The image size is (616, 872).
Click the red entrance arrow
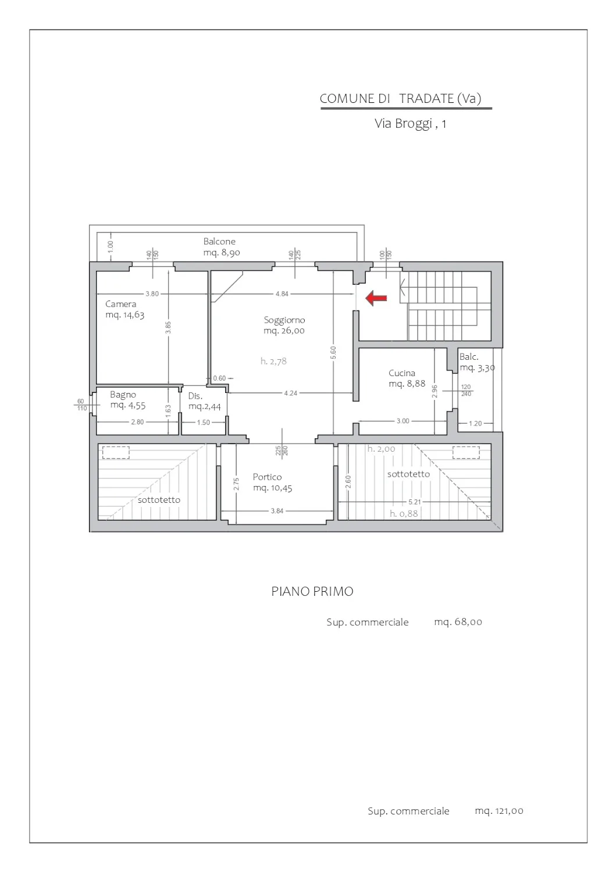[x=376, y=298]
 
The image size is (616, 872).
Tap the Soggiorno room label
[x=284, y=320]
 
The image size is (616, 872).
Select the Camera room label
[x=121, y=304]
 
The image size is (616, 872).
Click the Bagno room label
[x=123, y=395]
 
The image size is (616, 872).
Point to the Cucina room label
[x=402, y=373]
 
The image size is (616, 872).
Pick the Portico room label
[x=268, y=477]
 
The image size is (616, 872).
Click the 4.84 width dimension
[x=282, y=294]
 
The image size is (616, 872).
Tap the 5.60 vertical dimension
[x=333, y=353]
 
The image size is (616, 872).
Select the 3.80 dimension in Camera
[x=152, y=294]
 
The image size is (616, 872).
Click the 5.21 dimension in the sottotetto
[x=415, y=502]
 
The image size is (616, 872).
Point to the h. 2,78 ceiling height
[x=273, y=361]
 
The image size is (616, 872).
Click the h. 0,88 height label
[x=404, y=514]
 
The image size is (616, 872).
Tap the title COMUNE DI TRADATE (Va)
[x=401, y=98]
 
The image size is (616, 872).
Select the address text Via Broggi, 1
[x=410, y=123]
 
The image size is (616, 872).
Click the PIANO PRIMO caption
[x=312, y=592]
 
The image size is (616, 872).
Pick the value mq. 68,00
[x=458, y=622]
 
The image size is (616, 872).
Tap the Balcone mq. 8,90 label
[x=222, y=247]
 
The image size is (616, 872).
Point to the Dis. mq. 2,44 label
[x=205, y=401]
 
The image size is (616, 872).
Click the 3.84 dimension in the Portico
[x=277, y=511]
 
